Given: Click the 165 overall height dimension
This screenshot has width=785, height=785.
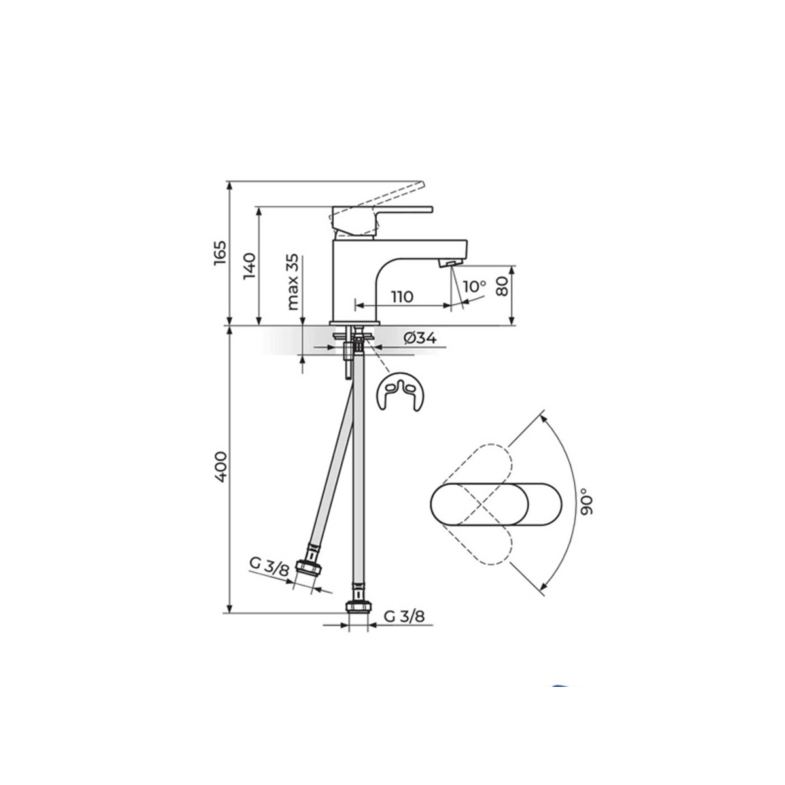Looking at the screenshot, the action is (x=220, y=253).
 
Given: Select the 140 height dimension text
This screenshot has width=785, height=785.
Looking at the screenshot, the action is (x=249, y=266).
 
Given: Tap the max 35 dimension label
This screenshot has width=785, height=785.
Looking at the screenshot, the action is (x=292, y=282).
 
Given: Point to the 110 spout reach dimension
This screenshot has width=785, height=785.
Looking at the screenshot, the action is (x=402, y=296).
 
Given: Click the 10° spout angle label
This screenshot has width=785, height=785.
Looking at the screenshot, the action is (x=474, y=287).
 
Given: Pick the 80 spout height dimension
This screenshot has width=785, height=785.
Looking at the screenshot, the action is (x=503, y=286).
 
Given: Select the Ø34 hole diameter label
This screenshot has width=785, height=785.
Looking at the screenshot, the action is (x=420, y=338).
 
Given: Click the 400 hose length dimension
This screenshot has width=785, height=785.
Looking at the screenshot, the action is (x=220, y=467).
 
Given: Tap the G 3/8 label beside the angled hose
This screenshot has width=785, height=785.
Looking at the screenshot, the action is (x=270, y=567).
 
